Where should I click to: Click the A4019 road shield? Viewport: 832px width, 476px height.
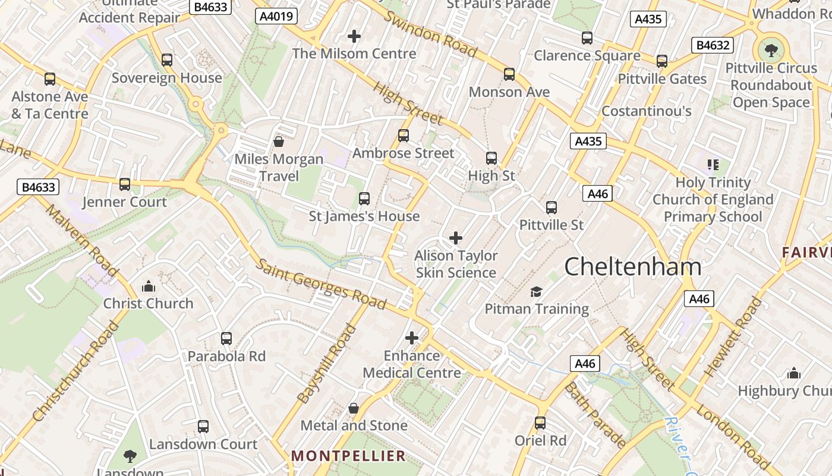(277, 16)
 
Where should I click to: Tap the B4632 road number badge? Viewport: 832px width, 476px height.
(713, 45)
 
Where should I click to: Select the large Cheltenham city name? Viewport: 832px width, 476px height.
(632, 266)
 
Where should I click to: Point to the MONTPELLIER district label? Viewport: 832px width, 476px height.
(348, 456)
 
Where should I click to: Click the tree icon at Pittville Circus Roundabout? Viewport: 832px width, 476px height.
(771, 51)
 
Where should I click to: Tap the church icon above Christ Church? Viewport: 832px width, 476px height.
(149, 287)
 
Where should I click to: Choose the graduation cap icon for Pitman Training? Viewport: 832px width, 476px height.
(537, 292)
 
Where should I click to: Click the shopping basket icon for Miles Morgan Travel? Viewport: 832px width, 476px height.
(278, 142)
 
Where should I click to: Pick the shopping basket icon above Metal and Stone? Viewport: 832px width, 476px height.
(354, 408)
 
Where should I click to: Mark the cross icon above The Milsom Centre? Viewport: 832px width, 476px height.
(354, 37)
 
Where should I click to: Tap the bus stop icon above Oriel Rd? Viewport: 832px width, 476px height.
(540, 423)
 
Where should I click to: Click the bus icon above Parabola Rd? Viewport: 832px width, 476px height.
(226, 339)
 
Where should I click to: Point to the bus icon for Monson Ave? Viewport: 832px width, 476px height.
(509, 74)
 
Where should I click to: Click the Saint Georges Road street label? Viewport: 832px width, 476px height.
(321, 284)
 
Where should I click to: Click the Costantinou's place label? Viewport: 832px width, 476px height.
(647, 111)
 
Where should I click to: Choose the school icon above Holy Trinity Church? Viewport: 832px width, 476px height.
(713, 165)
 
